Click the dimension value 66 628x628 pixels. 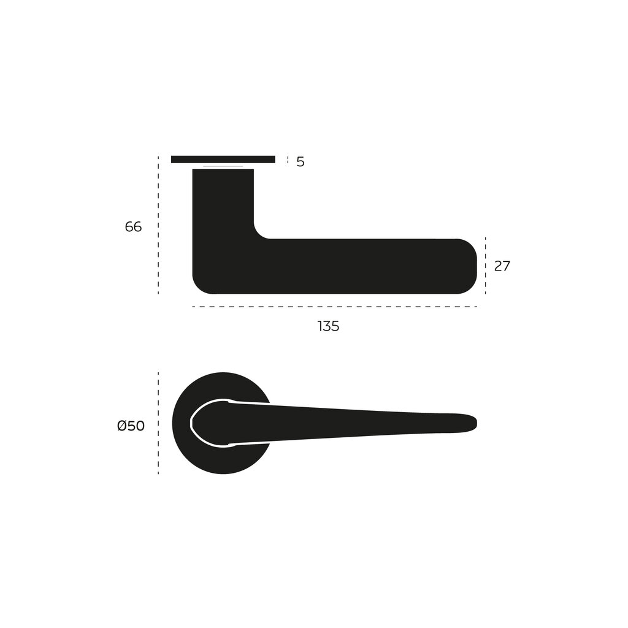coord(133,227)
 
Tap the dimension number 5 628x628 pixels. coord(301,162)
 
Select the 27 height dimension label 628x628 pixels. coord(502,266)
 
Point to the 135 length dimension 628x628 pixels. coord(328,326)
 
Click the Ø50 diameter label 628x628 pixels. coord(131,426)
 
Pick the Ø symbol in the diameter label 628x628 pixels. coord(121,426)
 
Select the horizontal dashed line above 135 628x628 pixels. coord(334,307)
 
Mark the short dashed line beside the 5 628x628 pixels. coord(288,161)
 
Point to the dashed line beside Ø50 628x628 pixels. coord(158,423)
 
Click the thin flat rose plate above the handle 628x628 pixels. coord(223,159)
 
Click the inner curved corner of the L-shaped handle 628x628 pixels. coord(259,233)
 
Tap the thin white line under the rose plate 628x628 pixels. coord(223,166)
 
